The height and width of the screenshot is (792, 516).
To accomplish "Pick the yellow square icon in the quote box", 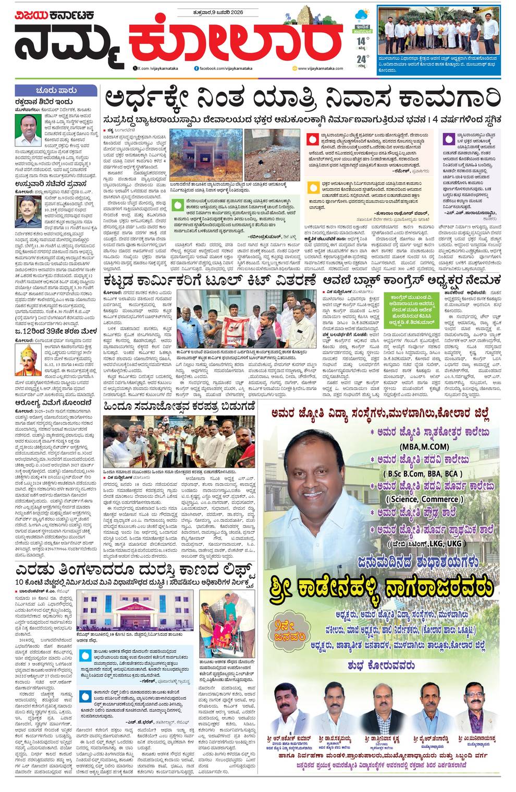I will (312, 187).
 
